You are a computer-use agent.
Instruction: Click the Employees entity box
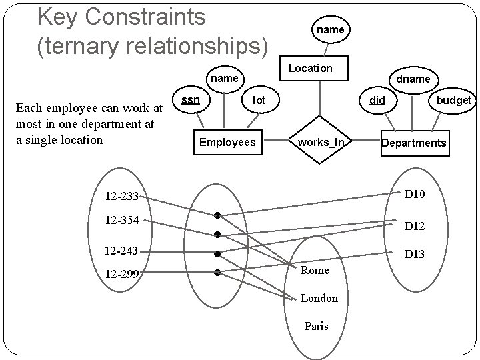click(x=227, y=142)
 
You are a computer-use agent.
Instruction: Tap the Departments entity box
click(x=413, y=143)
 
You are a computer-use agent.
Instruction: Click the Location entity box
click(x=310, y=68)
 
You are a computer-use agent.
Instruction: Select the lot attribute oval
click(x=259, y=100)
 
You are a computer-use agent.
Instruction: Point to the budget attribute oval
click(x=453, y=100)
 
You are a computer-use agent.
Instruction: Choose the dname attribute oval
click(x=413, y=79)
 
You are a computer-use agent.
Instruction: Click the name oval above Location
click(x=330, y=29)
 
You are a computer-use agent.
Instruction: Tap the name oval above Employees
click(x=225, y=79)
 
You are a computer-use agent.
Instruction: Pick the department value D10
click(x=414, y=194)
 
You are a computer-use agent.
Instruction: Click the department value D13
click(x=414, y=254)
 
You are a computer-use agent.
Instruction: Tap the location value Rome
click(x=315, y=270)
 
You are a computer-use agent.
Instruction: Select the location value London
click(x=319, y=298)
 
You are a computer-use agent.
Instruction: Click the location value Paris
click(x=316, y=327)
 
